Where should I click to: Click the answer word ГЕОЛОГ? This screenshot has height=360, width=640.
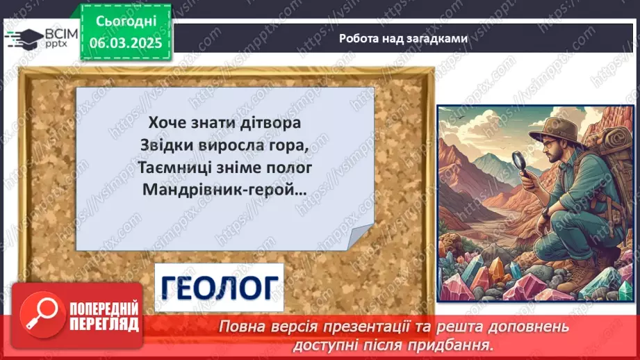pyautogui.click(x=219, y=286)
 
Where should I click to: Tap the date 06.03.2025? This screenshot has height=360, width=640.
pyautogui.click(x=125, y=42)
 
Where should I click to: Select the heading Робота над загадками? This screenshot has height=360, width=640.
pyautogui.click(x=403, y=39)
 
